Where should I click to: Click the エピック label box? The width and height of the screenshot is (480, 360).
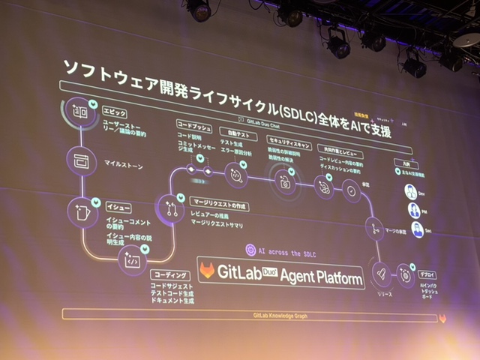point(114,111)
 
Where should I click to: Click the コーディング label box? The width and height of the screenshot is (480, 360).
point(169,275)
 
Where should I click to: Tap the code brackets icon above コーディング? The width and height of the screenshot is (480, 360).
point(132,259)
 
